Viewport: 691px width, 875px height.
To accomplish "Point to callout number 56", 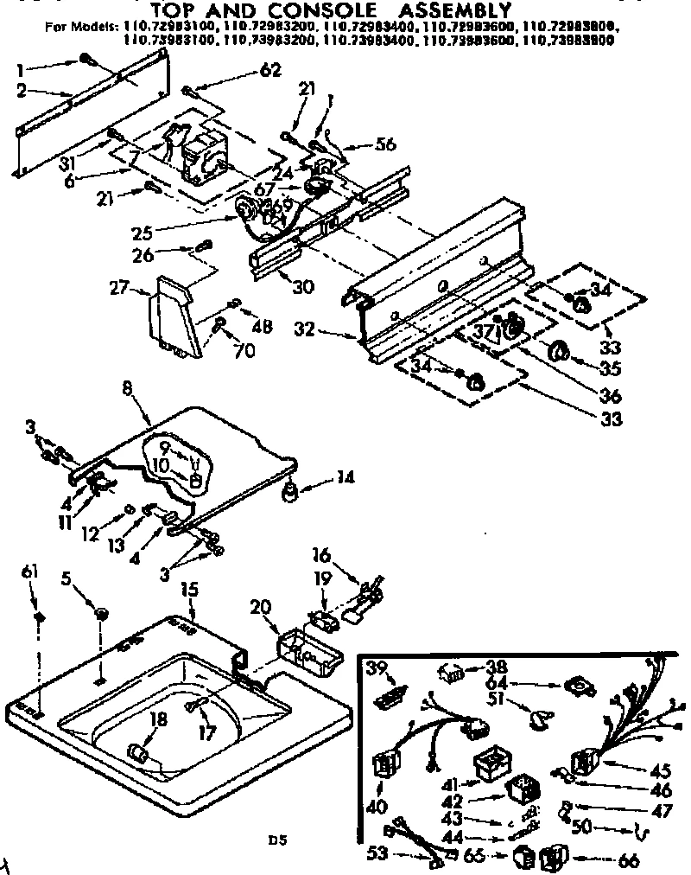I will [384, 145].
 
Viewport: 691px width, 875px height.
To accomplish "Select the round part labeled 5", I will [101, 614].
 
